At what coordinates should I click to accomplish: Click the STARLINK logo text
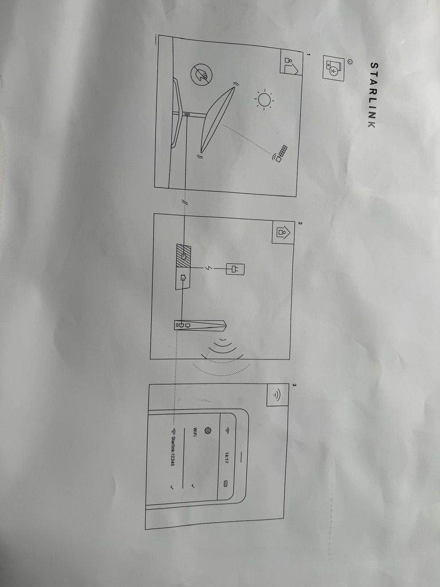(x=372, y=95)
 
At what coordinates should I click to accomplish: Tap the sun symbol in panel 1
(x=264, y=100)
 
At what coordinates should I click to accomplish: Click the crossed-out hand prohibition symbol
(x=202, y=75)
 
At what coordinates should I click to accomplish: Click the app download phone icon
(x=333, y=69)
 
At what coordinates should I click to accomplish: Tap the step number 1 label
(x=308, y=54)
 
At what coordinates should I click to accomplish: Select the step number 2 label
(x=299, y=224)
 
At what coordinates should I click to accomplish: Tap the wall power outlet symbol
(x=235, y=268)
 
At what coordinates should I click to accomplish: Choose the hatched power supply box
(x=183, y=257)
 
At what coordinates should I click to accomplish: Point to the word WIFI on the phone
(x=195, y=431)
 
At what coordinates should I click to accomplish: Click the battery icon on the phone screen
(x=226, y=484)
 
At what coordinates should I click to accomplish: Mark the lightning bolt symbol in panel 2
(x=207, y=268)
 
